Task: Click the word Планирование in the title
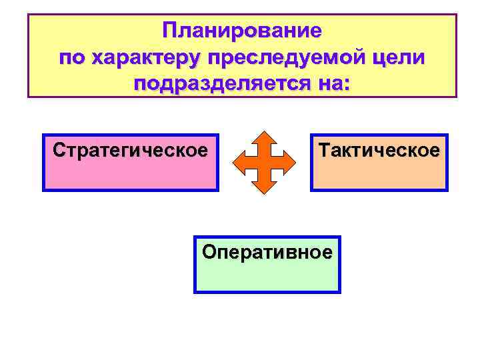pyautogui.click(x=242, y=31)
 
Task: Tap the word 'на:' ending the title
pyautogui.click(x=330, y=85)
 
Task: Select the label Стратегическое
pyautogui.click(x=130, y=149)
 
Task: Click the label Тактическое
pyautogui.click(x=379, y=149)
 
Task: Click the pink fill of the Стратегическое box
pyautogui.click(x=130, y=175)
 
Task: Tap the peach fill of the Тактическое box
pyautogui.click(x=379, y=175)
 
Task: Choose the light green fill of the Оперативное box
pyautogui.click(x=267, y=277)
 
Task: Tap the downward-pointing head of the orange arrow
pyautogui.click(x=265, y=187)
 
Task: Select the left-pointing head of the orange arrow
pyautogui.click(x=239, y=162)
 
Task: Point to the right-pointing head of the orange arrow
pyautogui.click(x=291, y=162)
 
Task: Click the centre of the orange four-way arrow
pyautogui.click(x=265, y=162)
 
